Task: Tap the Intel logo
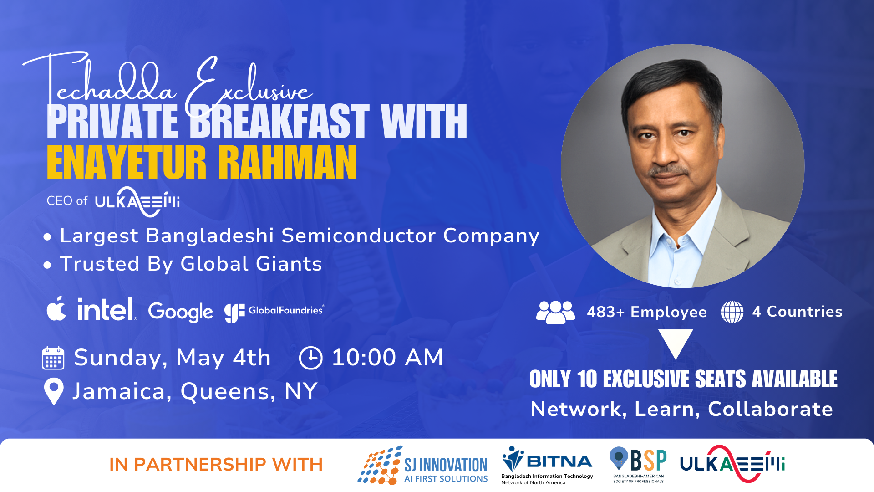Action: (x=107, y=309)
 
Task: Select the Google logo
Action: (x=180, y=312)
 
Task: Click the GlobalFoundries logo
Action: (x=274, y=313)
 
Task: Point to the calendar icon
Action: (x=53, y=358)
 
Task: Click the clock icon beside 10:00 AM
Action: (x=310, y=358)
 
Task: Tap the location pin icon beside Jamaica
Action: (x=54, y=391)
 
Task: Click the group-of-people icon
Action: (x=555, y=312)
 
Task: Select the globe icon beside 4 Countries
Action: (x=732, y=312)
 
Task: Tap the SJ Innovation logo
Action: (x=422, y=465)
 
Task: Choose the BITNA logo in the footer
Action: (x=547, y=465)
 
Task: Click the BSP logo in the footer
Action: (x=638, y=465)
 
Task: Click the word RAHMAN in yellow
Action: (x=287, y=163)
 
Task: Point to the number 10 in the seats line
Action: (x=587, y=379)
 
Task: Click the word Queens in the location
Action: (x=228, y=391)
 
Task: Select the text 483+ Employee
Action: (x=647, y=312)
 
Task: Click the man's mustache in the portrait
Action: (x=669, y=170)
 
